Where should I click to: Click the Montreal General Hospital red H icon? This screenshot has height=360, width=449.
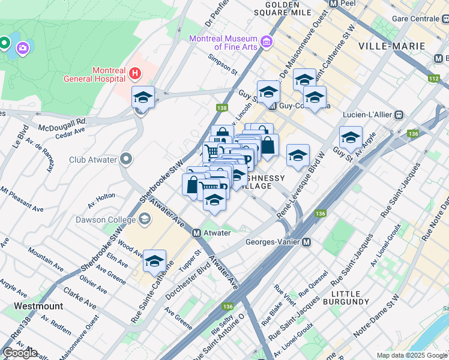click(x=135, y=74)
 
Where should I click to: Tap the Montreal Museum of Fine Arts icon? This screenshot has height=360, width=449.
click(x=266, y=42)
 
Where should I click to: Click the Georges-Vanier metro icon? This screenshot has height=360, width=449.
click(x=306, y=242)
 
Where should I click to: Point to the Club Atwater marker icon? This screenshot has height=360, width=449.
click(x=125, y=160)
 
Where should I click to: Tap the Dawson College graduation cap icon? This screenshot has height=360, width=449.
click(x=145, y=219)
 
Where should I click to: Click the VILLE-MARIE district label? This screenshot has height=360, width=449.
click(x=391, y=46)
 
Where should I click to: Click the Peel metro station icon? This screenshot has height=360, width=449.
click(x=334, y=3)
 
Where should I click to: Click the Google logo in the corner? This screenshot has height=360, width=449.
click(x=20, y=353)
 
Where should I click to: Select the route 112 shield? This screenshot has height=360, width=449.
click(x=433, y=78)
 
